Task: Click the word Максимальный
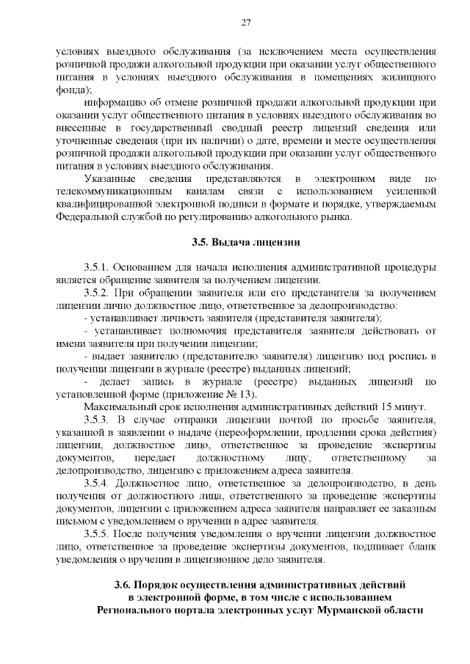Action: tap(120, 406)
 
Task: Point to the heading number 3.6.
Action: tap(123, 584)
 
